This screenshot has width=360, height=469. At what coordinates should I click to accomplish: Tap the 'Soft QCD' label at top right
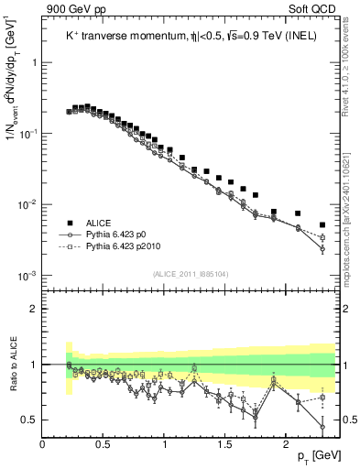[313, 10]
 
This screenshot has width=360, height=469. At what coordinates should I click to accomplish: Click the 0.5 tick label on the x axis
[104, 444]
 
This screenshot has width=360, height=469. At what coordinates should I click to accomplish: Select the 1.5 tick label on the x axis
[225, 444]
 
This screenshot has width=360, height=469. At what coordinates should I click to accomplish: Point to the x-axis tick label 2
[286, 444]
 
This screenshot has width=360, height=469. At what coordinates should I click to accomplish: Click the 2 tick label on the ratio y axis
[34, 309]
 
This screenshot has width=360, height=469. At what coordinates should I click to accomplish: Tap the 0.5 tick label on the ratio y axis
[30, 420]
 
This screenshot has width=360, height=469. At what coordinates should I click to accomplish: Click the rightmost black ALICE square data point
[322, 224]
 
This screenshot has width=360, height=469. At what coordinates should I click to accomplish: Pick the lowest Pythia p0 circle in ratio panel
[322, 427]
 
